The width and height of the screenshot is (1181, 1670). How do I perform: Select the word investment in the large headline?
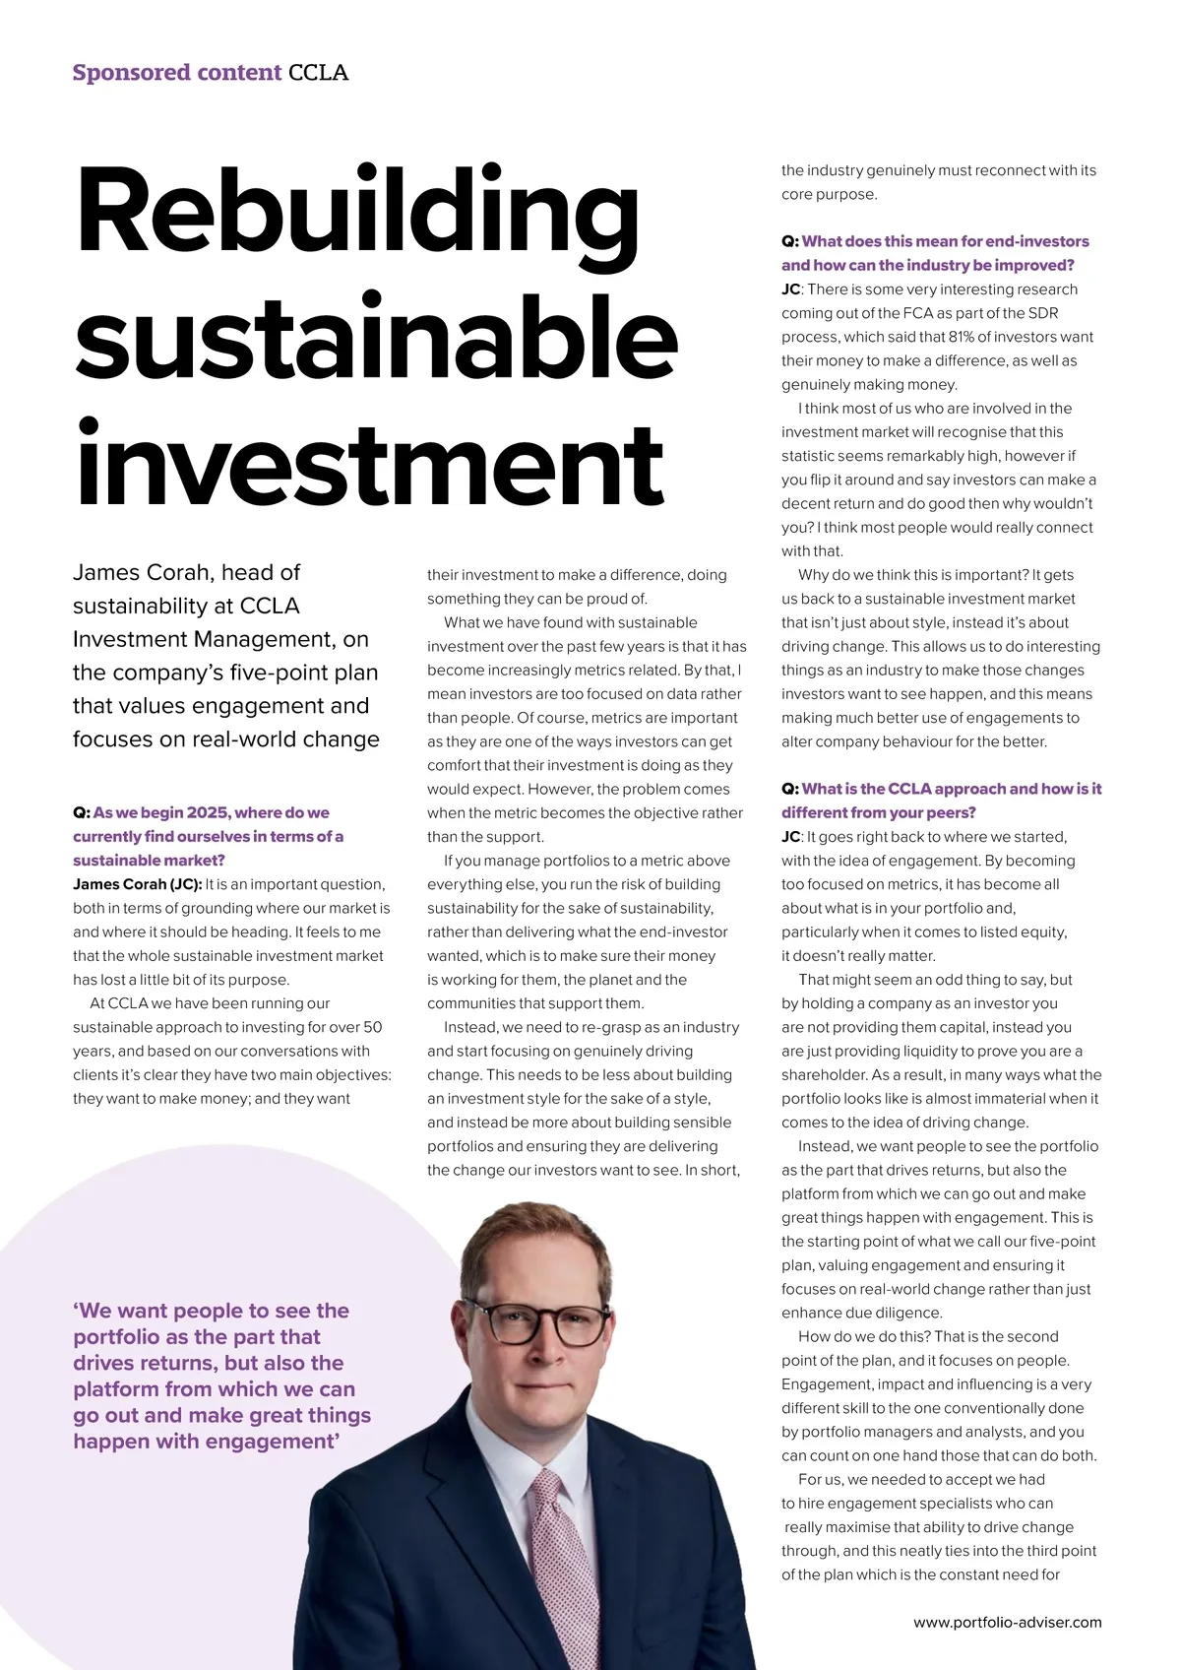370,463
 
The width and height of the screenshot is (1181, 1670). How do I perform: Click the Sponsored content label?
177,73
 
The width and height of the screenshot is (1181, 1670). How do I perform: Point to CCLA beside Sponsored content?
318,73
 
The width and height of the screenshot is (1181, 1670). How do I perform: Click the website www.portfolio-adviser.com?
1007,1622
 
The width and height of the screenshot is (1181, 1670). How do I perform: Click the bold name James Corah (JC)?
137,884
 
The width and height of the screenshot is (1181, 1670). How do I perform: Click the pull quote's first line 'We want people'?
212,1311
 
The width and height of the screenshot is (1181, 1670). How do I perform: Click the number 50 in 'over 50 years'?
372,1027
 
